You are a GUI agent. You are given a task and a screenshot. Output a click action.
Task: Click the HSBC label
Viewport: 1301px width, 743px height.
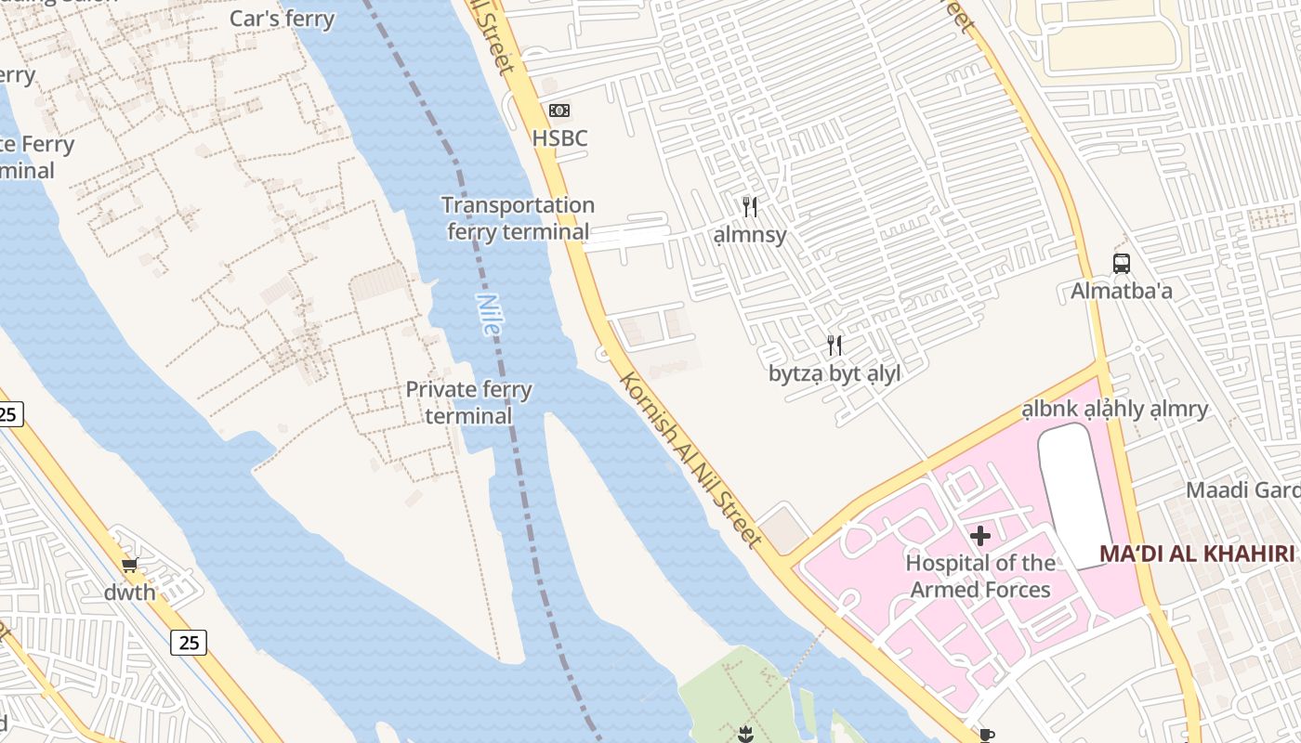click(x=559, y=138)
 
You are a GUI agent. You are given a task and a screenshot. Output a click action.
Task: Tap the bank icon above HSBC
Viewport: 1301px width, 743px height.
click(x=559, y=111)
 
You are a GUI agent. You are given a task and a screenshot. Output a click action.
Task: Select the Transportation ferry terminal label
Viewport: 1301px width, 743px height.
click(x=518, y=218)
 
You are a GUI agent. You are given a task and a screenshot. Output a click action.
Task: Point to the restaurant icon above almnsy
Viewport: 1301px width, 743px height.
click(x=750, y=207)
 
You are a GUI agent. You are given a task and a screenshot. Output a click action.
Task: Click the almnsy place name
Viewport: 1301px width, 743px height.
click(x=750, y=235)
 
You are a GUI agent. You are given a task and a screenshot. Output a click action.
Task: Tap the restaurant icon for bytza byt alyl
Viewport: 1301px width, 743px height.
click(x=834, y=345)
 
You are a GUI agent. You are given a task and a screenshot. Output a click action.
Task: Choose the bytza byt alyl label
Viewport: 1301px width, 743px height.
click(x=834, y=373)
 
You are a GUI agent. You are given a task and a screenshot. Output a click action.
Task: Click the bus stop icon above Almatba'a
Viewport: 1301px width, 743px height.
click(x=1122, y=263)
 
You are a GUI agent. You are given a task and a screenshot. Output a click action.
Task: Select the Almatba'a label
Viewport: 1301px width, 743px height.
click(x=1122, y=291)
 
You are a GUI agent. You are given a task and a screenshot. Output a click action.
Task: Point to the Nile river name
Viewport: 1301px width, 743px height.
click(x=488, y=314)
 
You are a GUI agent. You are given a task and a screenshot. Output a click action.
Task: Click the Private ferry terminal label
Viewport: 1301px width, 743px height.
click(x=468, y=402)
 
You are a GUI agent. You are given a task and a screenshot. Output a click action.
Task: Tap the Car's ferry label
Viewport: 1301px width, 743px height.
click(x=282, y=19)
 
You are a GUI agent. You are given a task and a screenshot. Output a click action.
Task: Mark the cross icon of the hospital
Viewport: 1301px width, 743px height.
click(x=980, y=536)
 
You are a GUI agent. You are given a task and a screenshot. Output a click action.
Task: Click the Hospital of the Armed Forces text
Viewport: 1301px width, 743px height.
click(x=980, y=576)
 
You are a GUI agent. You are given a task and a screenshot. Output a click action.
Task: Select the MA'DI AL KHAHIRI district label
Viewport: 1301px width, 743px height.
click(x=1197, y=554)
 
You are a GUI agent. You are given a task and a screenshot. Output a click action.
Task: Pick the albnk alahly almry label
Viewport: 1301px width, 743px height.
click(x=1115, y=409)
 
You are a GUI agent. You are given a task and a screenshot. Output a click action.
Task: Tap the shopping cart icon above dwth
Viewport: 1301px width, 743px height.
click(x=130, y=565)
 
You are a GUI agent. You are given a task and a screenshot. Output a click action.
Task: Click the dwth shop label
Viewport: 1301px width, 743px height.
click(x=130, y=592)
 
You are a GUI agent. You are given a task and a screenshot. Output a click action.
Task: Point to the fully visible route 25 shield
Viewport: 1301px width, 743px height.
click(x=188, y=642)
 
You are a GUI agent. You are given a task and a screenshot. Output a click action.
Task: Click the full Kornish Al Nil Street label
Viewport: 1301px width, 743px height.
click(x=690, y=460)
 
